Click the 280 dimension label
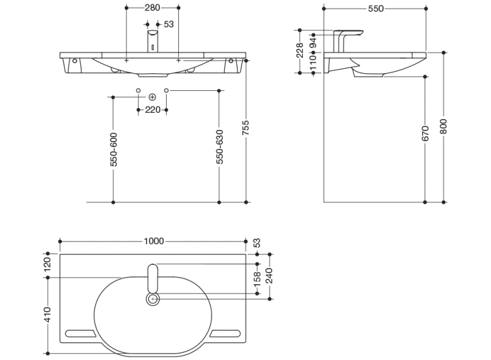[x=152, y=8]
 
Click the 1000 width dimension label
[x=153, y=241]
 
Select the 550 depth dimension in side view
[x=376, y=9]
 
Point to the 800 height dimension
[x=444, y=126]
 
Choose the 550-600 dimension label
[x=114, y=149]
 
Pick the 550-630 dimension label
[x=220, y=146]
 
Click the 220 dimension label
[x=153, y=110]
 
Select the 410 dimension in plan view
[x=48, y=314]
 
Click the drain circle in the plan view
[x=153, y=299]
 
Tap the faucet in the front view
[x=152, y=41]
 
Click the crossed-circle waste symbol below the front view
[x=152, y=97]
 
